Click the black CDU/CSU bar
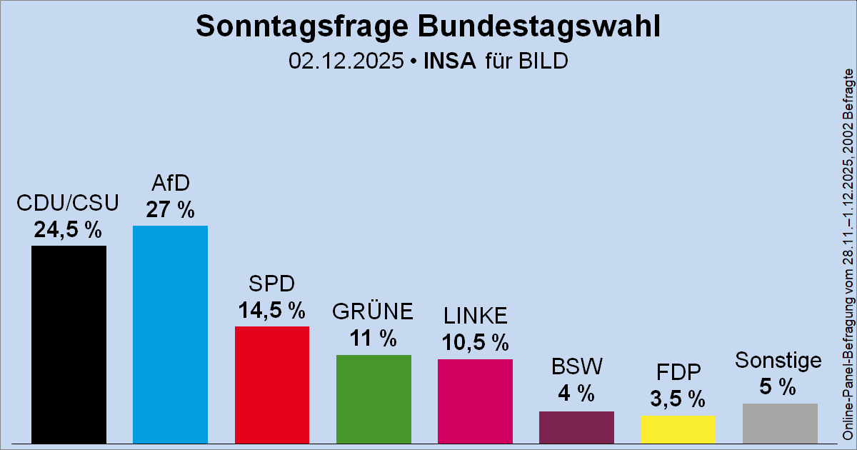coord(69,344)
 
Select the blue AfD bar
coord(170,334)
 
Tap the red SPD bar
coord(272,385)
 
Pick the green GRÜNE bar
coord(374,399)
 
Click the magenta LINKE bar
coord(475,401)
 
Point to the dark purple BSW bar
coord(576,427)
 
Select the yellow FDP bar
coord(678,430)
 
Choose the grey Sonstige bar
coord(780,424)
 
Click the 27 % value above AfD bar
coord(170,209)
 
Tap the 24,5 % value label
coord(68,229)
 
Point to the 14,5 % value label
coord(272,310)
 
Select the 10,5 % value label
coord(475,342)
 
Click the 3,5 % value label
coord(678,399)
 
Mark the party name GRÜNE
coord(373,311)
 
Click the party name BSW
coord(577,366)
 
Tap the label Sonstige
coord(778,361)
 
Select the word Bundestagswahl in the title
coord(539,26)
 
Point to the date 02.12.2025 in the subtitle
coord(346,61)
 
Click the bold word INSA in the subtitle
coord(449,61)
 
